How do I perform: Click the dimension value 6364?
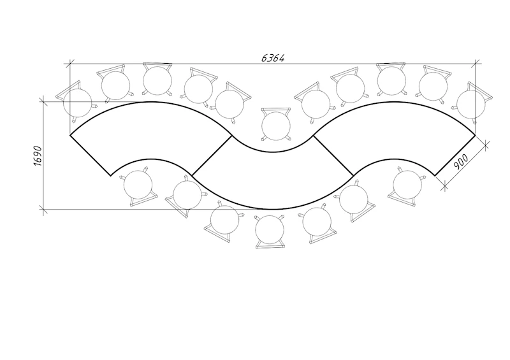273,58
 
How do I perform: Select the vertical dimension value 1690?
38,155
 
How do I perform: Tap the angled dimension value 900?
460,162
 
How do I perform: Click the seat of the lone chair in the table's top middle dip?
276,126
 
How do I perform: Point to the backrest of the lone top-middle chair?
276,110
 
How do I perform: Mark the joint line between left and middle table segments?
212,155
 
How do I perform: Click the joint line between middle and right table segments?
333,155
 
